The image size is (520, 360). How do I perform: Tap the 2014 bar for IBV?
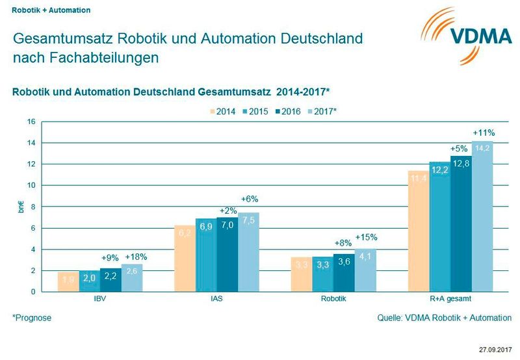pyautogui.click(x=68, y=281)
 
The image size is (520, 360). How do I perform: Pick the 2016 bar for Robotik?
pyautogui.click(x=344, y=272)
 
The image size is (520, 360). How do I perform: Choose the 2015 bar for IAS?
pyautogui.click(x=206, y=255)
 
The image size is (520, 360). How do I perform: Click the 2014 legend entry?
pyautogui.click(x=222, y=111)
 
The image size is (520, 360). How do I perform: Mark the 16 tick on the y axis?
pyautogui.click(x=31, y=122)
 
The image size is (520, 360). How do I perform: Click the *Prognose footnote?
pyautogui.click(x=32, y=318)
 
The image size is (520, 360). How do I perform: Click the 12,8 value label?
pyautogui.click(x=461, y=163)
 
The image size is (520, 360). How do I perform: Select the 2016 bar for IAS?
pyautogui.click(x=227, y=254)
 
